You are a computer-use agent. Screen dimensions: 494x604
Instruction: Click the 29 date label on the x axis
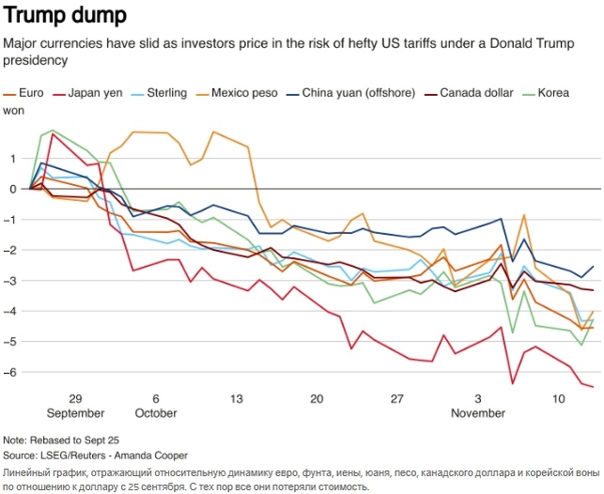(75, 399)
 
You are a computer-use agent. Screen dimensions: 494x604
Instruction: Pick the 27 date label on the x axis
(396, 399)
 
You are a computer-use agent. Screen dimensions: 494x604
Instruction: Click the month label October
(155, 413)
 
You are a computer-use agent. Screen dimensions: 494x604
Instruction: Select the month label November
(478, 413)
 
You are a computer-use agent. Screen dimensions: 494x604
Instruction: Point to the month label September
(75, 413)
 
